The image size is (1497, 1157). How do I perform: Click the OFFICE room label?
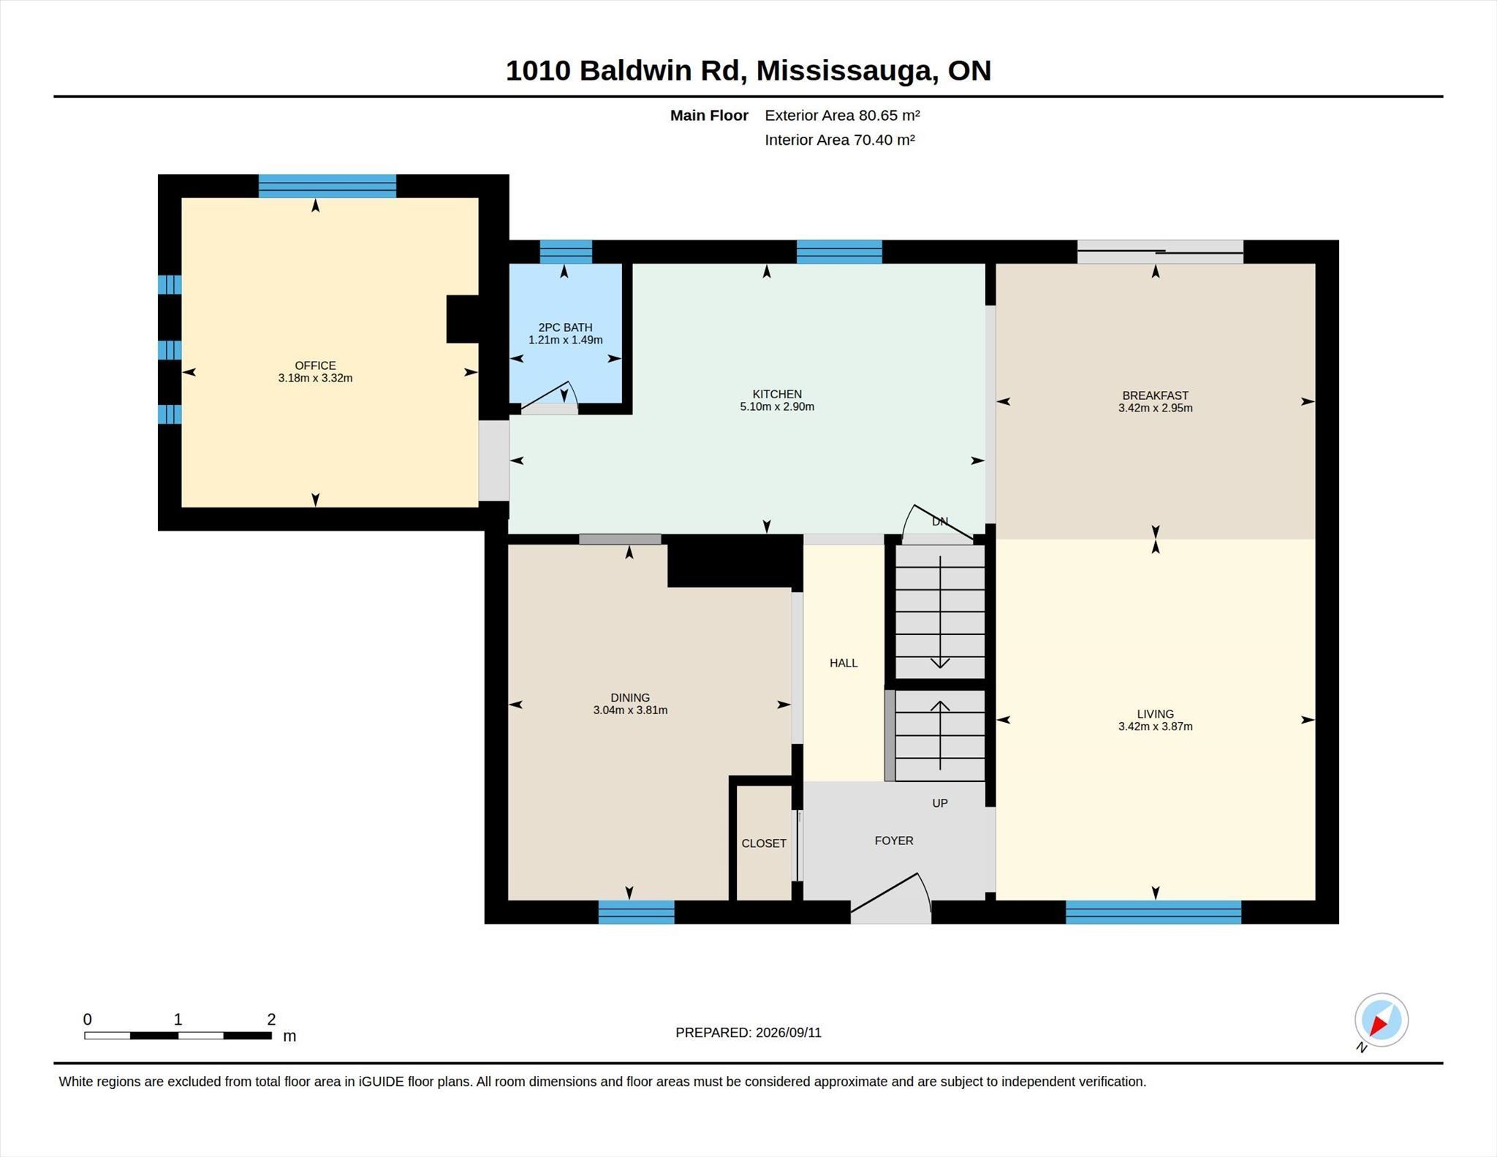[x=315, y=365]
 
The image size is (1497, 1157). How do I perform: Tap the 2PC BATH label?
[x=565, y=327]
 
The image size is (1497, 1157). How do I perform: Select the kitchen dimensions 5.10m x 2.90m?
[x=777, y=406]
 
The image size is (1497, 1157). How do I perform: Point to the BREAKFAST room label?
[x=1155, y=395]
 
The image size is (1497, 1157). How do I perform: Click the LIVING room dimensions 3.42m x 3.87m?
[x=1155, y=727]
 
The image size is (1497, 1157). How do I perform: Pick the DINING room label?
[x=630, y=697]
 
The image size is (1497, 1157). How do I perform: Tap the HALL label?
[x=844, y=663]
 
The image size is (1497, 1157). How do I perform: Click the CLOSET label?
[x=764, y=843]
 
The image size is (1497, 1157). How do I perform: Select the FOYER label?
[x=894, y=841]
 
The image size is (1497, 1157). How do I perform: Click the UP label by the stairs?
[x=940, y=803]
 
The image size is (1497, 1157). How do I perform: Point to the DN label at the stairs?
[x=940, y=522]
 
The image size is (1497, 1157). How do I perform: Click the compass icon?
[x=1381, y=1020]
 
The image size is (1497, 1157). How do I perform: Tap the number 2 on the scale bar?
[x=271, y=1019]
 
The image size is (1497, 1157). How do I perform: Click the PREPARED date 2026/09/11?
[x=789, y=1033]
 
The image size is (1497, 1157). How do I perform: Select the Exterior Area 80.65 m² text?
[x=842, y=115]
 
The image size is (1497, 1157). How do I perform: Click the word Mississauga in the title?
[x=846, y=71]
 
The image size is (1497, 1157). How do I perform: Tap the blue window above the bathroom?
[x=566, y=251]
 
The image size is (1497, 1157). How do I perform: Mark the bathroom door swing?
[x=549, y=397]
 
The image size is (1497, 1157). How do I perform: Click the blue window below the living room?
[x=1153, y=912]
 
